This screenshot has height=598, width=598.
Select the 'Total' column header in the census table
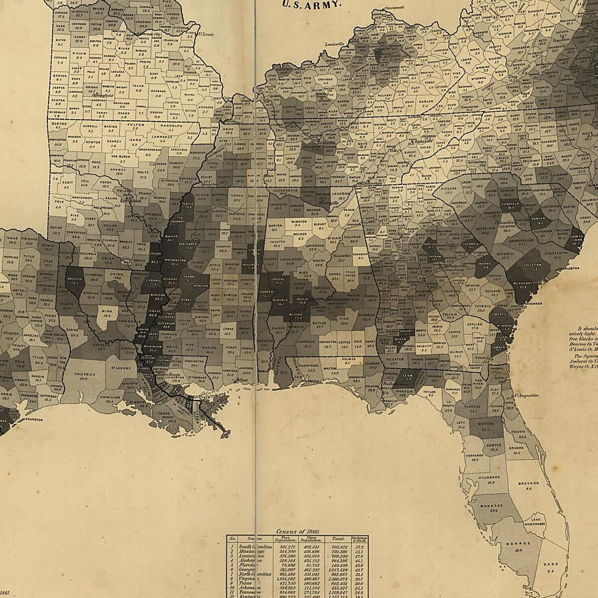[339, 539]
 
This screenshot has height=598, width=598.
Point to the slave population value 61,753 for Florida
[312, 566]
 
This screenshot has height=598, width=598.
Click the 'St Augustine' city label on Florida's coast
[526, 396]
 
